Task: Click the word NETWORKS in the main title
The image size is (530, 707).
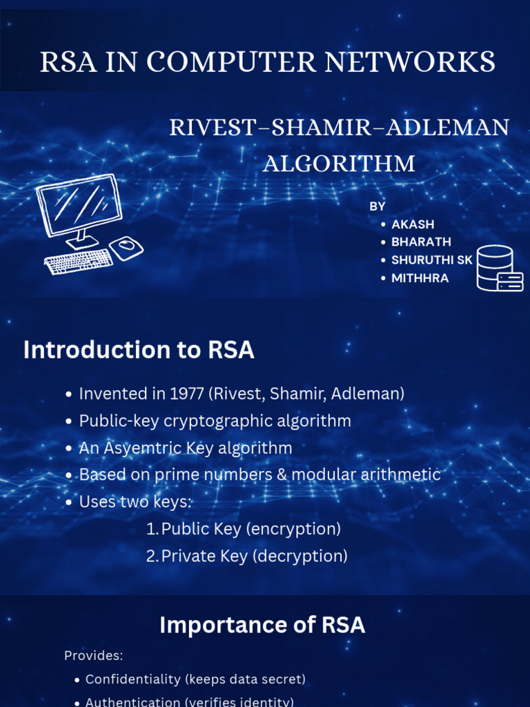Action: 410,61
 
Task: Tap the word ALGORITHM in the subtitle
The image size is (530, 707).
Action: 339,163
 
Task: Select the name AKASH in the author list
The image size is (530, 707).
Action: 413,224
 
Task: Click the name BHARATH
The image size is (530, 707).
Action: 421,242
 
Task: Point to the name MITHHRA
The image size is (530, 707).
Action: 420,278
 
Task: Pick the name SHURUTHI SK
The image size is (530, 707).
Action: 432,260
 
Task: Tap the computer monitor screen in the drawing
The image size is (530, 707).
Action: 79,206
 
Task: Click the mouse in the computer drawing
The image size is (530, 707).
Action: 126,247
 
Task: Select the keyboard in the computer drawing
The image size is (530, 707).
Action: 79,261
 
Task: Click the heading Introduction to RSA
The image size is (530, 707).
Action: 139,350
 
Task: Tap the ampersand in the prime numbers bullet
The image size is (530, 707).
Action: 282,475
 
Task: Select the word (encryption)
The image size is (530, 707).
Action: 293,529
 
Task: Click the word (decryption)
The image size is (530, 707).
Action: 300,556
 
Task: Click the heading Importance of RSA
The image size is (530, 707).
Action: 262,625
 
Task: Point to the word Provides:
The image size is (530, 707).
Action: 94,656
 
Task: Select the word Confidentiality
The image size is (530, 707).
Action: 133,679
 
